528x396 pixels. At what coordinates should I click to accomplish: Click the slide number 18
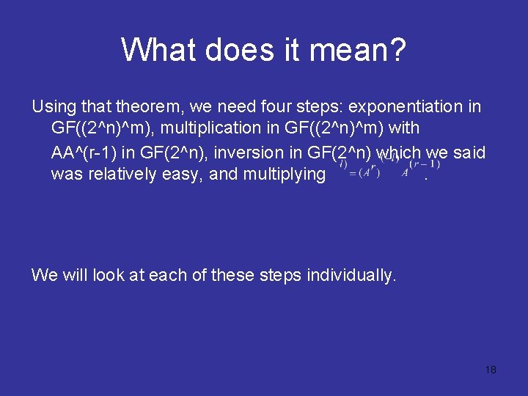[491, 370]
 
